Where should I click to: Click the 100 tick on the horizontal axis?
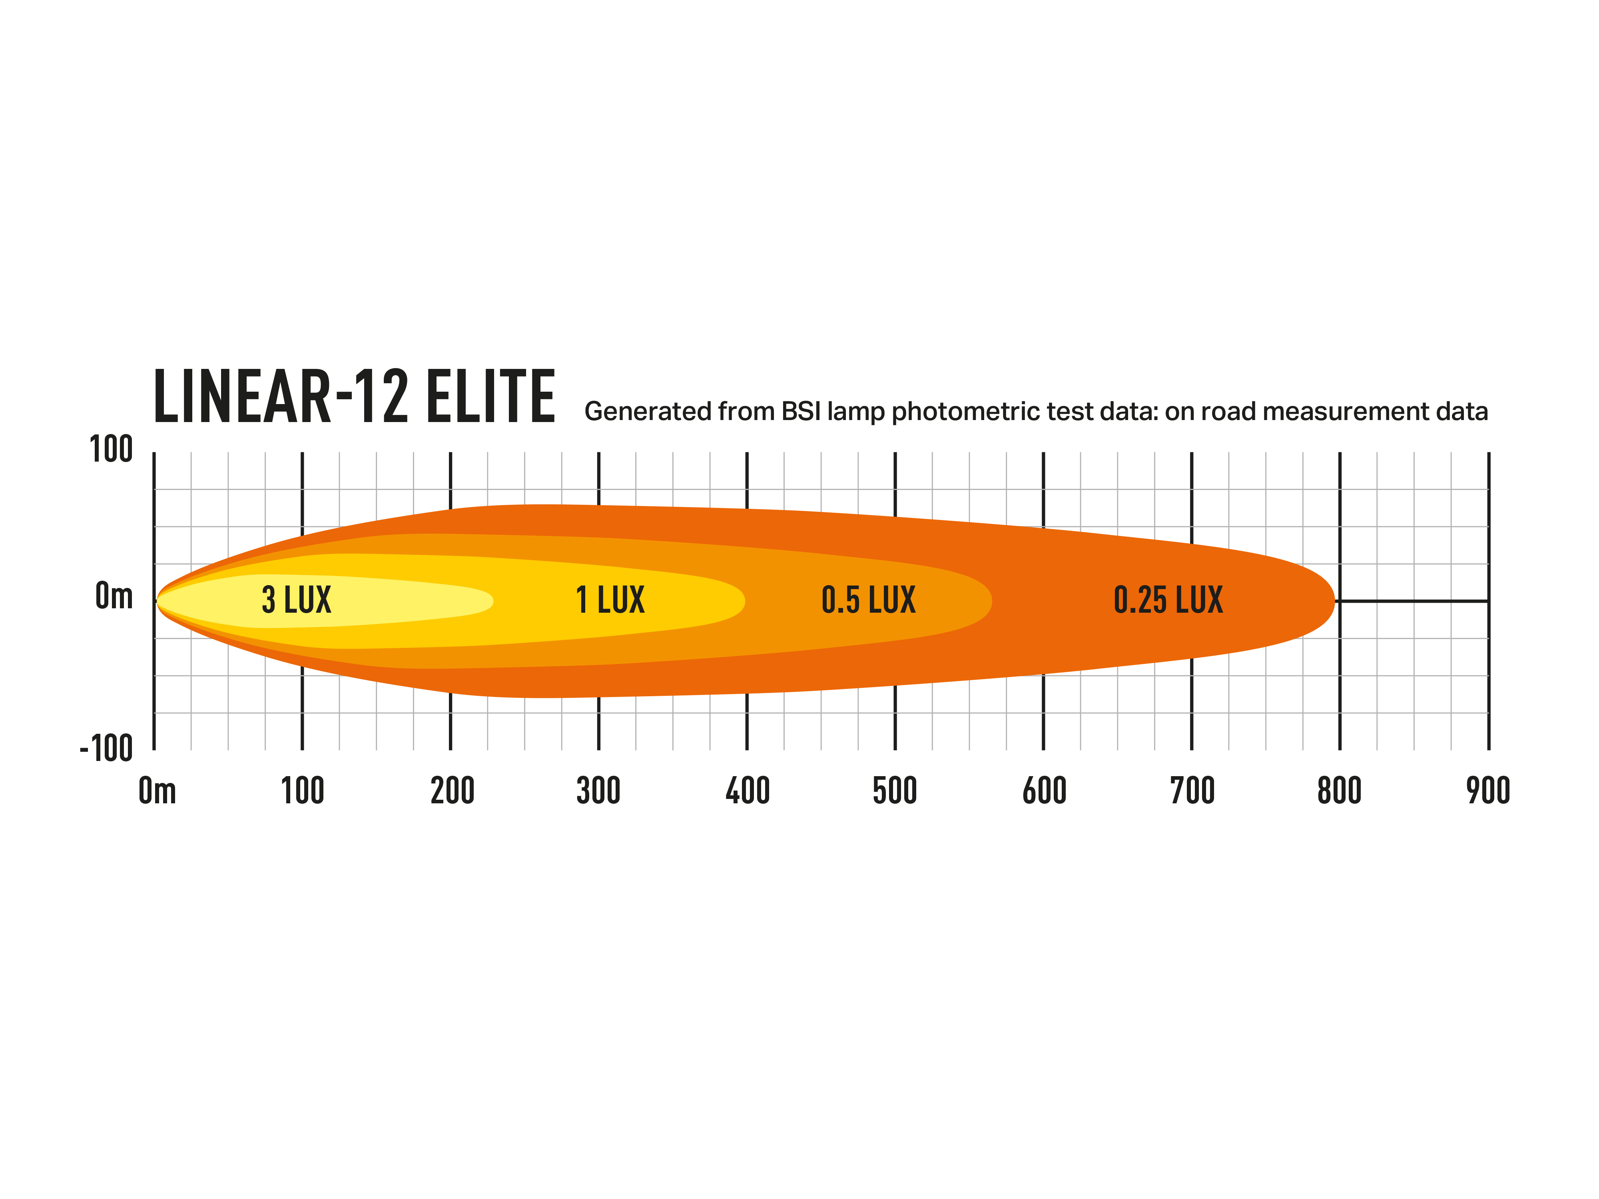click(x=302, y=790)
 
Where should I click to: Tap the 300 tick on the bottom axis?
click(x=598, y=790)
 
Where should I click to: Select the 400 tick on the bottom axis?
click(x=748, y=790)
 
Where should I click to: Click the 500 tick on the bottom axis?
click(x=895, y=790)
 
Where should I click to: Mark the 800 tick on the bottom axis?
click(x=1340, y=790)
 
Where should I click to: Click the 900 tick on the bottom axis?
click(x=1488, y=790)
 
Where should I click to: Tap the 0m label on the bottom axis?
click(x=157, y=790)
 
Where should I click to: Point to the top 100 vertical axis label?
click(x=111, y=450)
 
